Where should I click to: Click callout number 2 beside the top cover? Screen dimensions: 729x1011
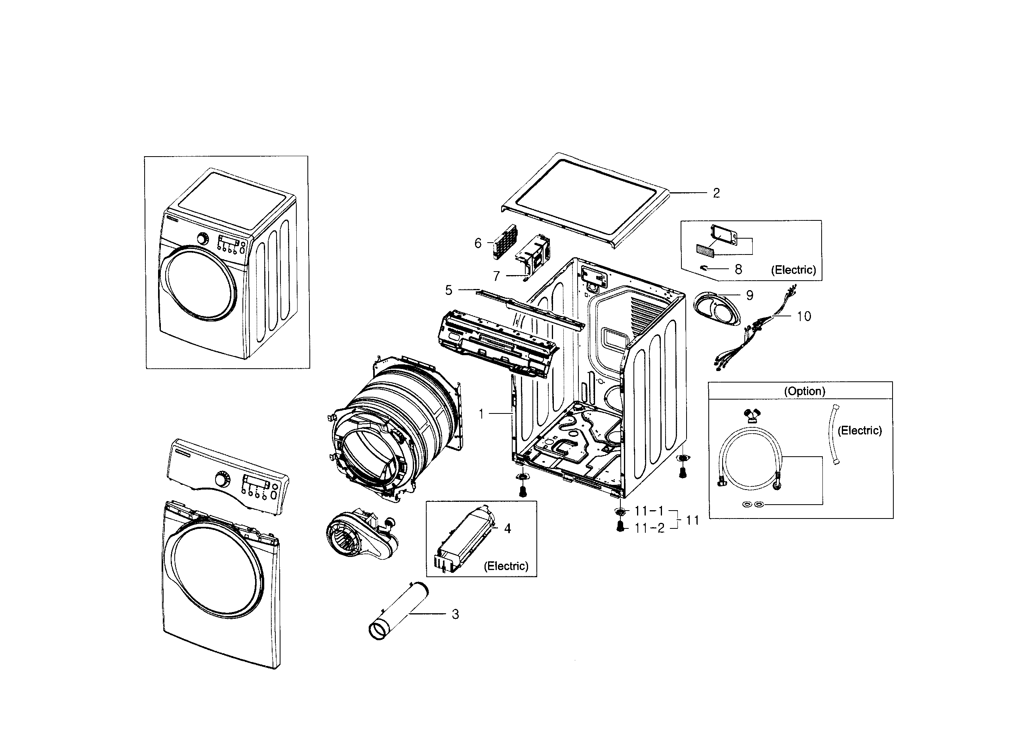click(716, 193)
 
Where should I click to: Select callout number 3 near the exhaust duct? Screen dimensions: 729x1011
click(455, 614)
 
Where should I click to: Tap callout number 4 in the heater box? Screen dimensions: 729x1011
click(507, 529)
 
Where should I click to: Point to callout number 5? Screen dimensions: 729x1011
click(448, 291)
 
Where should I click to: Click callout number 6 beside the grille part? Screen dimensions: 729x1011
click(478, 243)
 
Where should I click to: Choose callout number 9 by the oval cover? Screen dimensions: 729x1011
click(750, 295)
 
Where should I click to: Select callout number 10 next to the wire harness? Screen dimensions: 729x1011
click(804, 316)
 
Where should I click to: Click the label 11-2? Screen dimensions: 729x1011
click(649, 528)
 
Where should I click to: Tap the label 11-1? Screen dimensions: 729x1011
click(649, 511)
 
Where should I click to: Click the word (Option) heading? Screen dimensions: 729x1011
click(805, 391)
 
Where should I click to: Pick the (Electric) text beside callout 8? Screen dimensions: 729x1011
click(794, 270)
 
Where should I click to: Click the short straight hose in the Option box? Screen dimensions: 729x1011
click(834, 434)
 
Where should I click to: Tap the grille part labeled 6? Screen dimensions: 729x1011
click(505, 242)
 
